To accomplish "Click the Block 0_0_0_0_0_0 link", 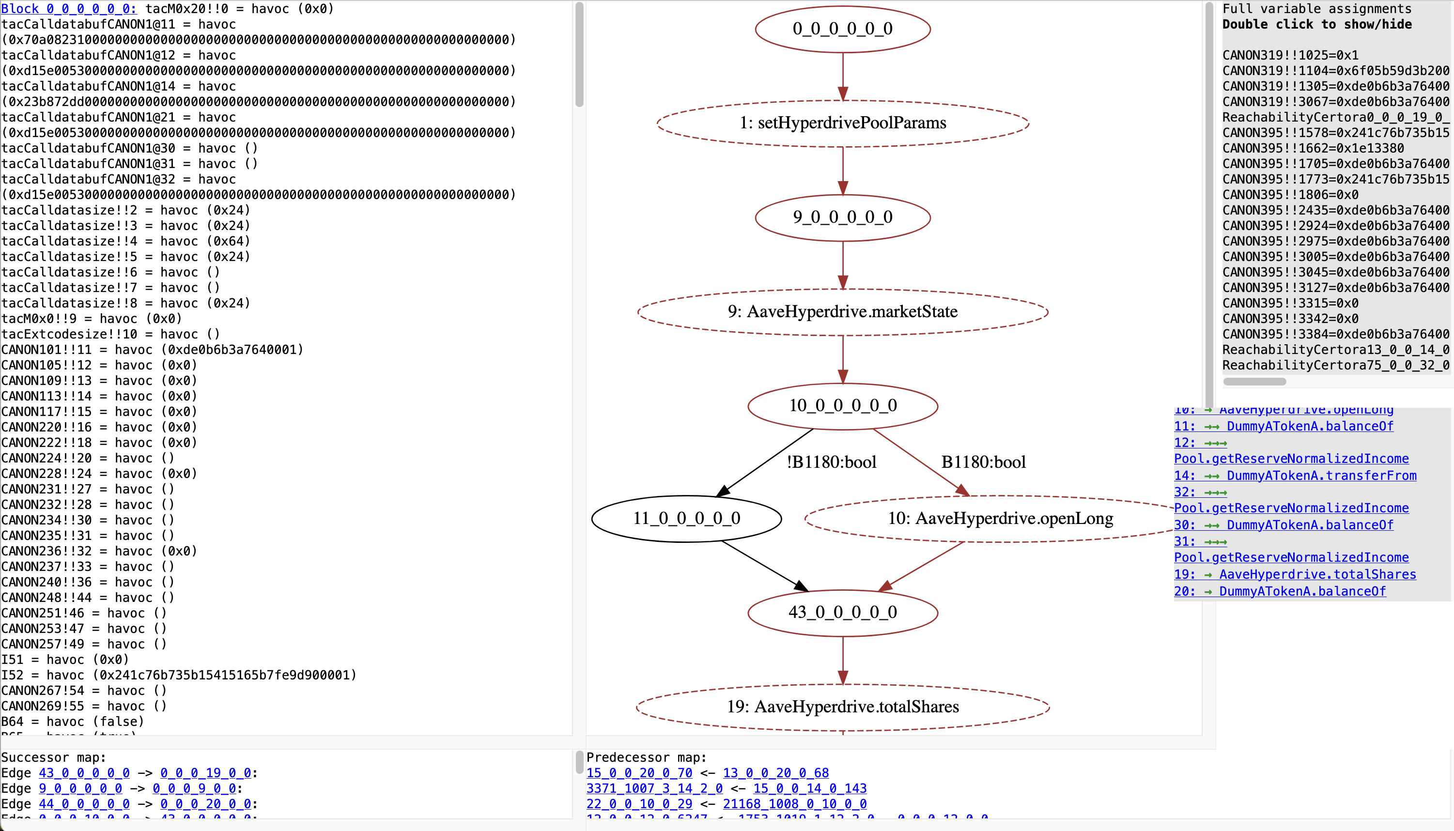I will click(68, 9).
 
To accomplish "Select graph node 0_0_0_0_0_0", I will click(842, 29).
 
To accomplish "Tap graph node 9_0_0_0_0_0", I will click(842, 217).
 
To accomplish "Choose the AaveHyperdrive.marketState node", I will click(842, 312).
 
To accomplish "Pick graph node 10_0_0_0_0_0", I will click(842, 406).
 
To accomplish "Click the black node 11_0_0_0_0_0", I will click(686, 518).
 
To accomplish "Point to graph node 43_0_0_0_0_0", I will click(842, 613).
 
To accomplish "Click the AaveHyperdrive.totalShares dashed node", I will click(842, 707).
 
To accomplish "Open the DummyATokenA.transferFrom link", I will click(1321, 476).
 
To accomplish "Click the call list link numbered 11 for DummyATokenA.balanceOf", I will click(1284, 426).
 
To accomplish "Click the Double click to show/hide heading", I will click(1316, 25).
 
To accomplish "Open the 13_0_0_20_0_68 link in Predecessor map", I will click(775, 773).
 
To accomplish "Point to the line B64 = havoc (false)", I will click(73, 722).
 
